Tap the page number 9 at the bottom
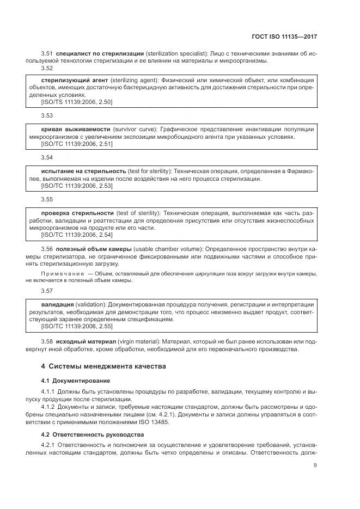[x=315, y=465]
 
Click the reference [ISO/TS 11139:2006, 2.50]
[x=77, y=101]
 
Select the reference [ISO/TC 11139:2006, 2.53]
[x=77, y=186]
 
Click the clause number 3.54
[x=47, y=157]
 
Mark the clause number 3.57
[x=47, y=291]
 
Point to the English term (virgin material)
[x=152, y=341]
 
